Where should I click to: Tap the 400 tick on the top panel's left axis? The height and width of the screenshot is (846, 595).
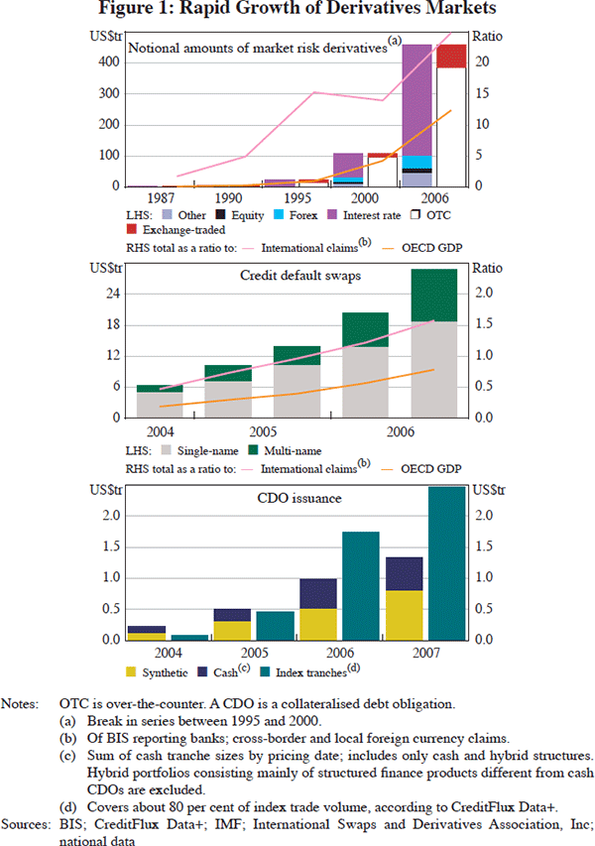110,61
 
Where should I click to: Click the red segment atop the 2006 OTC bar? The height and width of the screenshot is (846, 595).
451,56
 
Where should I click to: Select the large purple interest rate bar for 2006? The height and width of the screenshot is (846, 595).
416,99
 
